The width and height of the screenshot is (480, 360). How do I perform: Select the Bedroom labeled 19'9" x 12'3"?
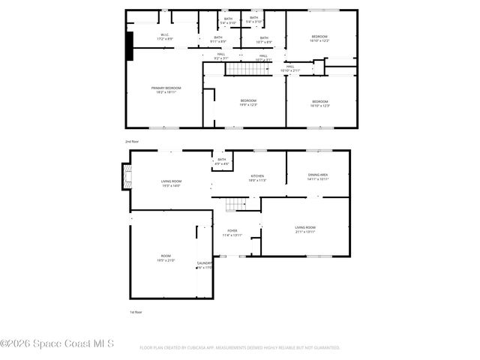[248, 103]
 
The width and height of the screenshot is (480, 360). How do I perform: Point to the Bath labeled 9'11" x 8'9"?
[218, 39]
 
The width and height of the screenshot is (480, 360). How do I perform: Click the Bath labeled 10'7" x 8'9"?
[264, 39]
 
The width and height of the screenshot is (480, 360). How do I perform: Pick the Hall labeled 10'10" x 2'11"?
[289, 68]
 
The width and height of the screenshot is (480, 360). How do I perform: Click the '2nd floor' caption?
[132, 141]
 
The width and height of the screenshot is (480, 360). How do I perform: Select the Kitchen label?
[257, 178]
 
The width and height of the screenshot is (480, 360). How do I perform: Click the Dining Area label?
[318, 177]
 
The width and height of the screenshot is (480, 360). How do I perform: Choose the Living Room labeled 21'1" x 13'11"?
[304, 229]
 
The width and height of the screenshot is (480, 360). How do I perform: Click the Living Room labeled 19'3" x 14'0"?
[171, 183]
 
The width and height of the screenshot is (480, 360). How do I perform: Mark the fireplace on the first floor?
[127, 178]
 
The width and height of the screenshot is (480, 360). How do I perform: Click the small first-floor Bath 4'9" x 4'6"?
[221, 161]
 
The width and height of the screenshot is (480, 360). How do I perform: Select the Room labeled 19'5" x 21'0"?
[166, 258]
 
